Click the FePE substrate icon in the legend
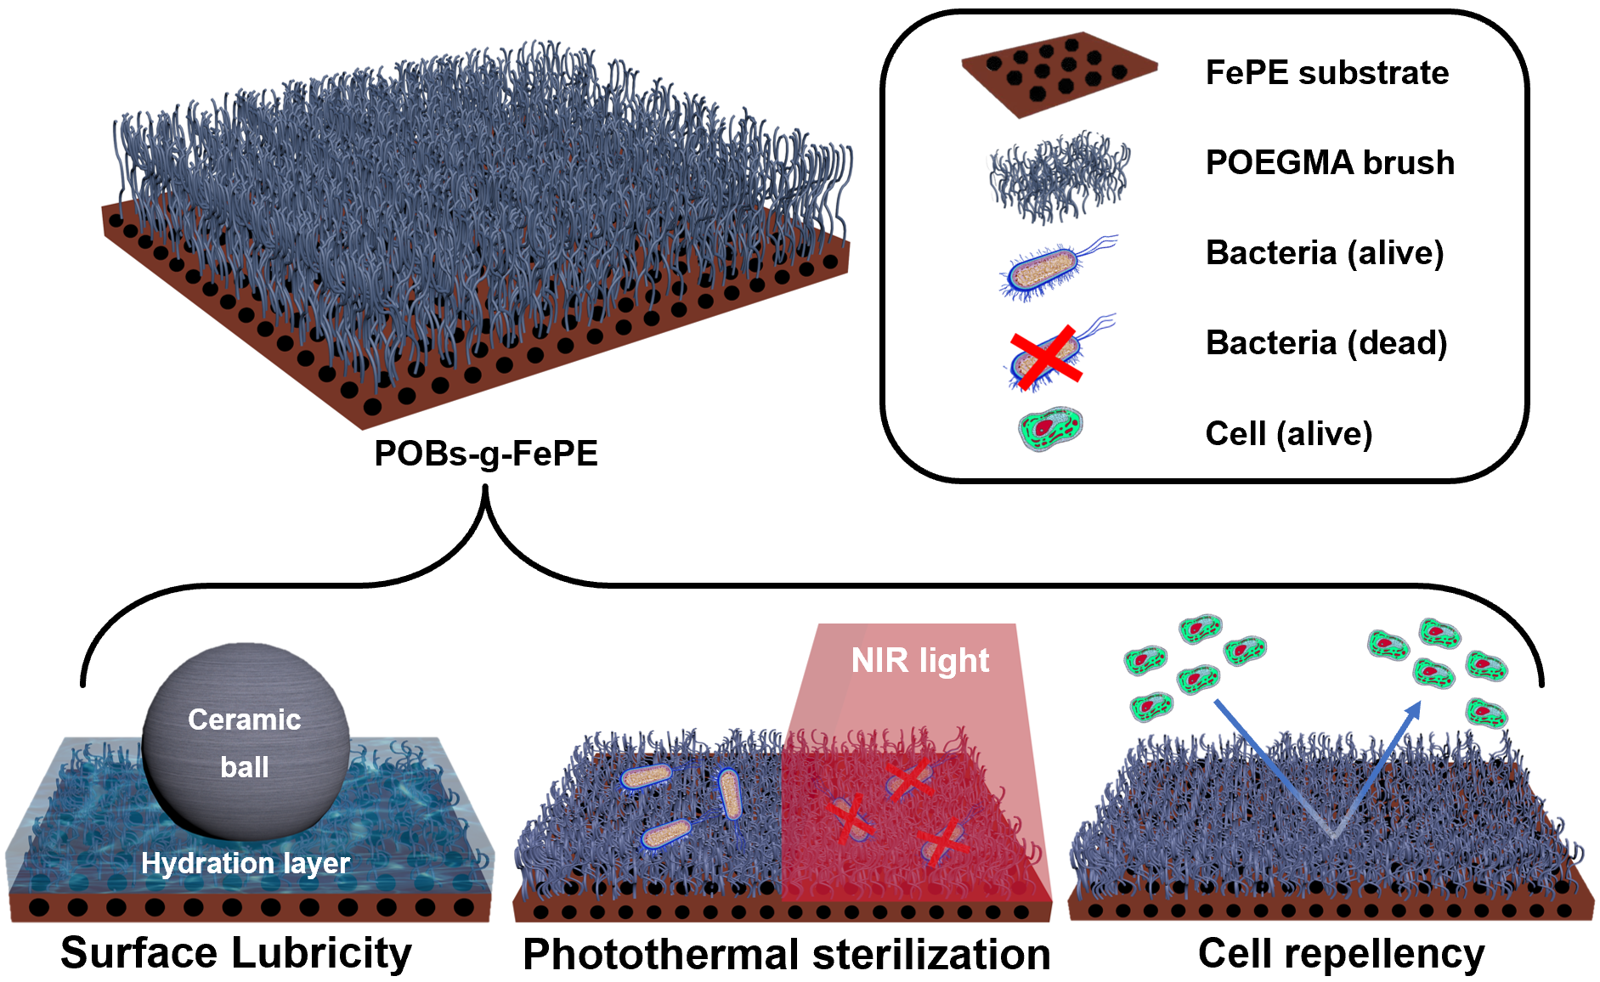1059,73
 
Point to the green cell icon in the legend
1051,429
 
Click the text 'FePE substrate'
1326,73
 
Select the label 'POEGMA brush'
1329,163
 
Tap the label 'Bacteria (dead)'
1326,343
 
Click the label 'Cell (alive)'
1288,434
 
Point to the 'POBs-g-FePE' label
486,454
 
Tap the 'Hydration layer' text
246,863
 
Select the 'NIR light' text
920,661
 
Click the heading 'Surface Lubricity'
236,953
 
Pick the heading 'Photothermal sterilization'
786,954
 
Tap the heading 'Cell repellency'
1341,953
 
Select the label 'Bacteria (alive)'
1324,253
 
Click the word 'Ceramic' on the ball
245,720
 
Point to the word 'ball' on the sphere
245,767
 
